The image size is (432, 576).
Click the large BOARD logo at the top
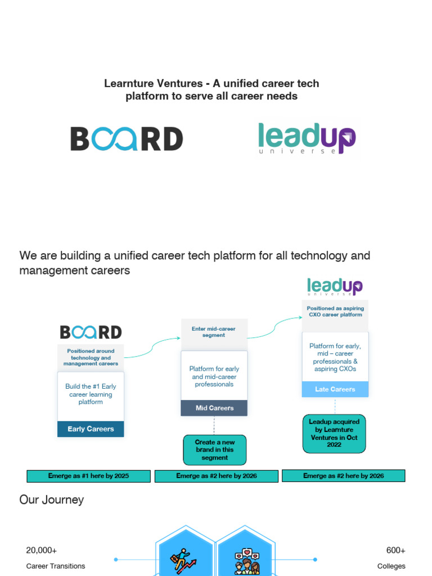(x=127, y=138)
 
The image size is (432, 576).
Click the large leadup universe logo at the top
(x=307, y=138)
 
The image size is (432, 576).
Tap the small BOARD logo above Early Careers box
(x=91, y=332)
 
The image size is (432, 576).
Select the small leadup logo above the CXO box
(x=335, y=286)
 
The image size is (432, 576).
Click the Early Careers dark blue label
(x=91, y=429)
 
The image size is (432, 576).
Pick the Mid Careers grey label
(x=214, y=408)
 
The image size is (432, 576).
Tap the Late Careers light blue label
(x=335, y=389)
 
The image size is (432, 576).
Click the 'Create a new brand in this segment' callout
(x=214, y=450)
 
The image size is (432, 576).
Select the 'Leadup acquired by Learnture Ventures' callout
(x=334, y=434)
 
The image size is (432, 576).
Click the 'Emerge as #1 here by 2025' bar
(x=88, y=476)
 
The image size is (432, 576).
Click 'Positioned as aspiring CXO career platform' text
(x=335, y=312)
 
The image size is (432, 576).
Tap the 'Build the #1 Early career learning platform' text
(x=91, y=394)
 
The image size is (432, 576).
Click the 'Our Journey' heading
(x=51, y=499)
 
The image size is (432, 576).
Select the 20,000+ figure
(x=41, y=550)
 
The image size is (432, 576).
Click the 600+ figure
(x=395, y=550)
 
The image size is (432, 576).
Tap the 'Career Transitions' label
(x=56, y=566)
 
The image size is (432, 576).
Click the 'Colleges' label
(x=391, y=566)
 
